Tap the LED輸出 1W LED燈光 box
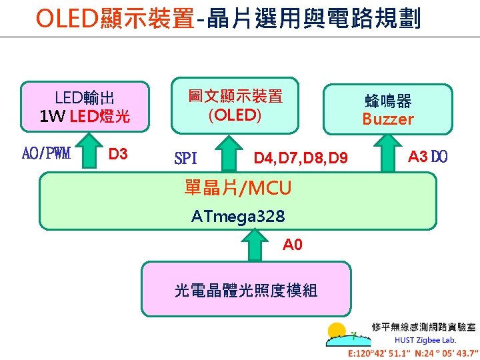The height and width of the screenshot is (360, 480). click(x=85, y=107)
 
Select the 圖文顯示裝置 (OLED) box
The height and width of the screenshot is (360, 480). click(x=235, y=105)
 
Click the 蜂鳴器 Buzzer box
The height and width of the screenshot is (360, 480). click(x=388, y=110)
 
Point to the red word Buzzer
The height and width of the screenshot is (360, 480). click(x=388, y=119)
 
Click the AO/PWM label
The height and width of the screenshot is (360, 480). click(x=46, y=155)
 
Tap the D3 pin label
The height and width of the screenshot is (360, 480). click(x=118, y=155)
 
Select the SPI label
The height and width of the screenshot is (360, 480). click(x=185, y=159)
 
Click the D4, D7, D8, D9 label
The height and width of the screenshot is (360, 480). click(x=300, y=159)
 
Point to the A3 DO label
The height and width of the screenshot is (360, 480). click(x=428, y=157)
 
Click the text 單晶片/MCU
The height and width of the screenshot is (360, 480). click(x=238, y=189)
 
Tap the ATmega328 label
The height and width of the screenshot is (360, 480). click(x=238, y=217)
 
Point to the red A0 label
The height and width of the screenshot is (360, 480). click(x=293, y=245)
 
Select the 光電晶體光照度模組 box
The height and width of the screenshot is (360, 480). click(x=246, y=289)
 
